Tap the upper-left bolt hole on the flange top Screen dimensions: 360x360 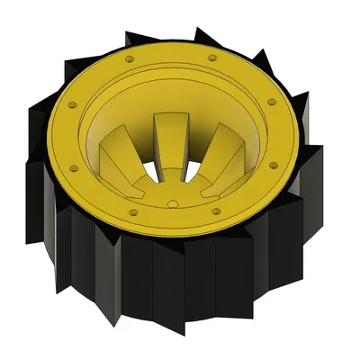tap(129, 58)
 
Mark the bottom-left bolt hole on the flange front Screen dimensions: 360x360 tap(131, 212)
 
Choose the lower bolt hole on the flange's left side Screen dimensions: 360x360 tap(70, 167)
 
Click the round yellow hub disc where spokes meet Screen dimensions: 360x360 tap(171, 193)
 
